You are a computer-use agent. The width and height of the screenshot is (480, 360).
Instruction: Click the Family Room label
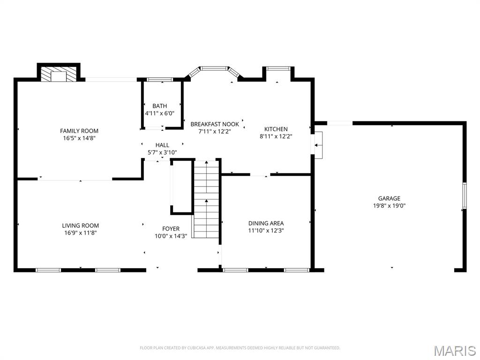pos(79,131)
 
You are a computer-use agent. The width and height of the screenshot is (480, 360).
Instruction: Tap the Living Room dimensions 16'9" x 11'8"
pos(81,232)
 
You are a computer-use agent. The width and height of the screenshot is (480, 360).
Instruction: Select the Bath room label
pos(159,106)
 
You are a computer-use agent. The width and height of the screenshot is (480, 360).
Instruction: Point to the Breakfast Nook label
pos(215,124)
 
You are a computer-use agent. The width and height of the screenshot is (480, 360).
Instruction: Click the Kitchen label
pos(276,129)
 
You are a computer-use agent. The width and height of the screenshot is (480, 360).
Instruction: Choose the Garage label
pos(389,198)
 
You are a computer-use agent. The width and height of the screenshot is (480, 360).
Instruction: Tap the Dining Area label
pos(266,223)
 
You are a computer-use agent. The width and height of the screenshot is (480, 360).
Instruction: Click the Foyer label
pos(171,229)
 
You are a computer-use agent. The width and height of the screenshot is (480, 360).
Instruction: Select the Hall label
pos(162,145)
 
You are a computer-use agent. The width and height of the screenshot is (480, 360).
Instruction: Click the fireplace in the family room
pos(59,74)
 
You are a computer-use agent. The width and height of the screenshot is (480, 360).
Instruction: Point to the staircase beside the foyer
pos(206,199)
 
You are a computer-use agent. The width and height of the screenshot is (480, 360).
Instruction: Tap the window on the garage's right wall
pos(464,195)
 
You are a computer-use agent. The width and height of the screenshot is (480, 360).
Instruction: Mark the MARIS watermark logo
pos(454,351)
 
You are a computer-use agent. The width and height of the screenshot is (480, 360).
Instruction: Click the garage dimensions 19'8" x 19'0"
pos(389,205)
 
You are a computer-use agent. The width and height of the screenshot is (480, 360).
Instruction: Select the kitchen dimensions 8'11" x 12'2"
pos(276,136)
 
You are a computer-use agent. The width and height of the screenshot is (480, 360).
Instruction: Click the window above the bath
pos(160,80)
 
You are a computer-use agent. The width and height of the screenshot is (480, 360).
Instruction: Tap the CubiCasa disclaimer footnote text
pos(240,348)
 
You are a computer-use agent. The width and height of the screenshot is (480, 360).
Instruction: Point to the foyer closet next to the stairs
pos(182,187)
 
